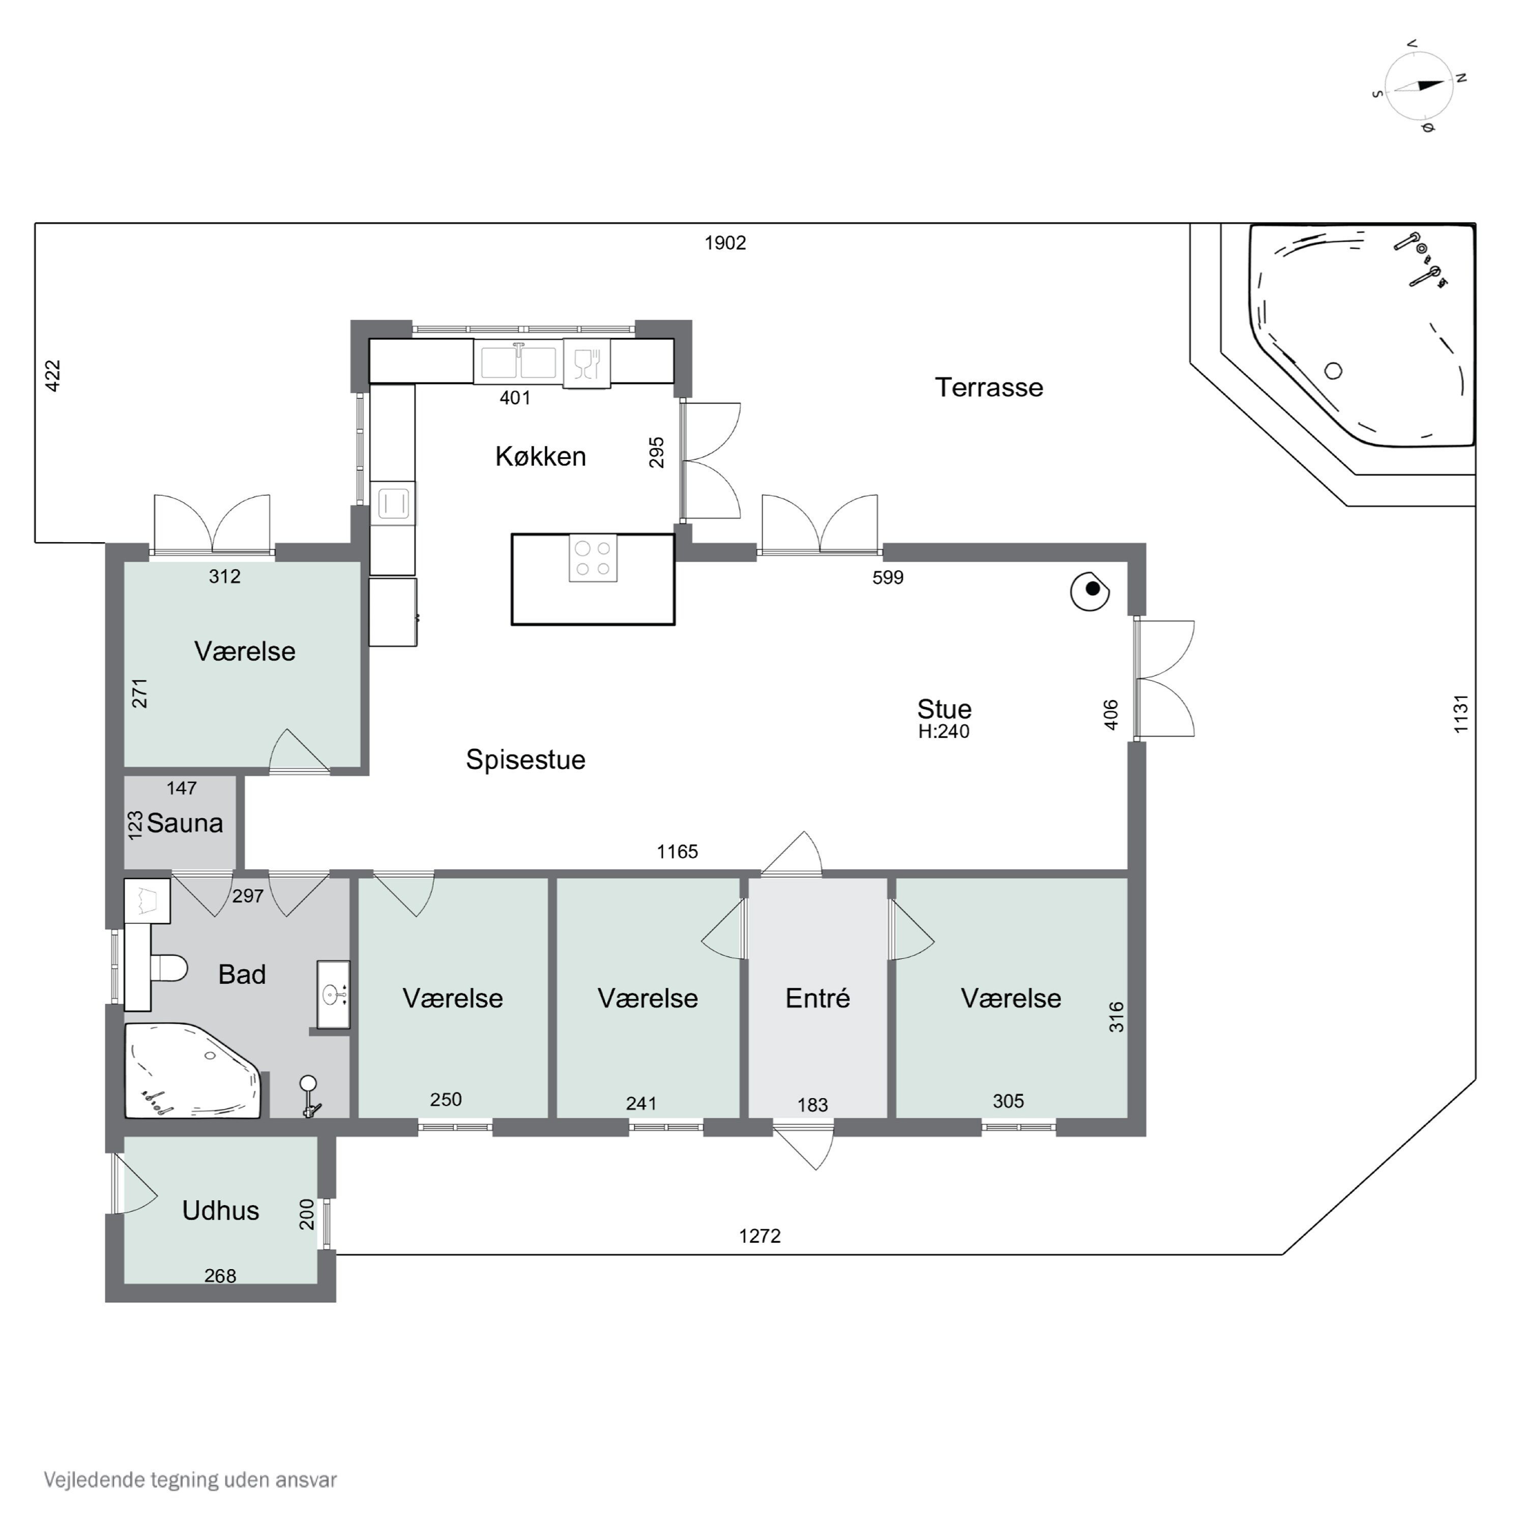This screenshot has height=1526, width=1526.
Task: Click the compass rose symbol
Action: [x=1419, y=85]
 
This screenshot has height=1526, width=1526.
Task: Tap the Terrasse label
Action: [x=989, y=387]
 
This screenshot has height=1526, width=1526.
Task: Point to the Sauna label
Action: [x=185, y=823]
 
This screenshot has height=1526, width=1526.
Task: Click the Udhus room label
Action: [x=220, y=1210]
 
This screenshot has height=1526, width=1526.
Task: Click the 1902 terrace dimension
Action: [x=725, y=243]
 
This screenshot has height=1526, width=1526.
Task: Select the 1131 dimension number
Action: [x=1460, y=713]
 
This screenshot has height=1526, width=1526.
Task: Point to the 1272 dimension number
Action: [x=760, y=1236]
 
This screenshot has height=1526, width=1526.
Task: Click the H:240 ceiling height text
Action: [x=944, y=731]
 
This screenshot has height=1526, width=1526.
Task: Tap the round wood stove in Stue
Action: [x=1090, y=590]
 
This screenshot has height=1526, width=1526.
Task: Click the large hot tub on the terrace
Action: [x=1363, y=336]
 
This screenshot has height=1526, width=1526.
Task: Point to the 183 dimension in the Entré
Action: [x=813, y=1105]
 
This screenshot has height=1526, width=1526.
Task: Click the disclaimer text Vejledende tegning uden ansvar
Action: [x=190, y=1479]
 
